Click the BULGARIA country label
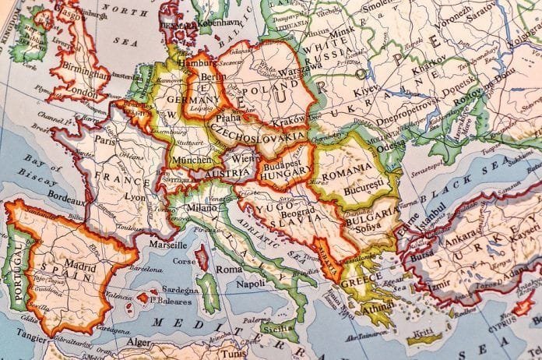coord(370,212)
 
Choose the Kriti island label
coord(424,332)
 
